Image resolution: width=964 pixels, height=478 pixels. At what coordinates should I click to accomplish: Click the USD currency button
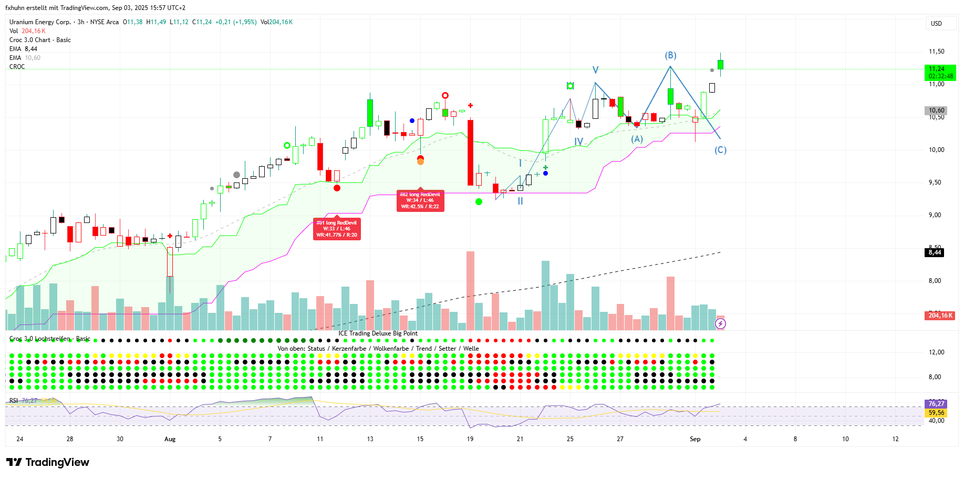click(x=936, y=24)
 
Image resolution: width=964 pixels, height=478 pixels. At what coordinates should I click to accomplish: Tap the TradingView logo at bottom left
click(x=48, y=462)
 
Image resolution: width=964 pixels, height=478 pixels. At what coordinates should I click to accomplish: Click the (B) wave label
click(x=670, y=55)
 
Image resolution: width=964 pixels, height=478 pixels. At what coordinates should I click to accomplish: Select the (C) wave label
click(x=720, y=150)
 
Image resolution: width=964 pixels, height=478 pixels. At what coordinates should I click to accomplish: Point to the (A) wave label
click(x=637, y=139)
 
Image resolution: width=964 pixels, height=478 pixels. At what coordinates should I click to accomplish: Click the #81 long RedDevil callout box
click(x=337, y=229)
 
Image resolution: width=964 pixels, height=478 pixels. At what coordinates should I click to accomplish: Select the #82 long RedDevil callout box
click(x=420, y=201)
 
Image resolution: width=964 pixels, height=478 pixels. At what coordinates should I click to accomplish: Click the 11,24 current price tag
click(x=939, y=72)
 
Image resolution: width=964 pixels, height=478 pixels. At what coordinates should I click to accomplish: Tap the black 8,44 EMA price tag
click(x=935, y=252)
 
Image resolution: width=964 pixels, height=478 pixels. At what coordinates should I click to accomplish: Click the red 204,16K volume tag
click(x=940, y=316)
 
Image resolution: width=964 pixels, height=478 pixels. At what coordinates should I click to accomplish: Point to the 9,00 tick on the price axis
click(x=935, y=215)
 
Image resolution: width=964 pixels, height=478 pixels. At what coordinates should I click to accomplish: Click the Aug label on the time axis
click(x=170, y=439)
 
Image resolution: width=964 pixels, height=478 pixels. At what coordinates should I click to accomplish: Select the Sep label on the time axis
click(x=695, y=439)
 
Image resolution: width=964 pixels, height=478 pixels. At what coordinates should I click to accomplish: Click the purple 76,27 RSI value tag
click(x=936, y=404)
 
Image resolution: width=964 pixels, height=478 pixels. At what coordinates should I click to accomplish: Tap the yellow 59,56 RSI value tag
click(x=936, y=413)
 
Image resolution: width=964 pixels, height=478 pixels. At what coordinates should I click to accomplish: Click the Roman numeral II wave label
click(x=520, y=201)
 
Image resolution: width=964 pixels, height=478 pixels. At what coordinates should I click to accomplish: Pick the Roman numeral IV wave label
click(x=578, y=141)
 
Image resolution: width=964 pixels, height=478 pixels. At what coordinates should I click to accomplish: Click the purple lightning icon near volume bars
click(x=720, y=323)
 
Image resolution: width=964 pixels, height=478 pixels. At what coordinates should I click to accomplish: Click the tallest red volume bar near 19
click(x=470, y=290)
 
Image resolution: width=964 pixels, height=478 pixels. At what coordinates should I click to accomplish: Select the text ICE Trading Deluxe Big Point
click(x=378, y=333)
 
